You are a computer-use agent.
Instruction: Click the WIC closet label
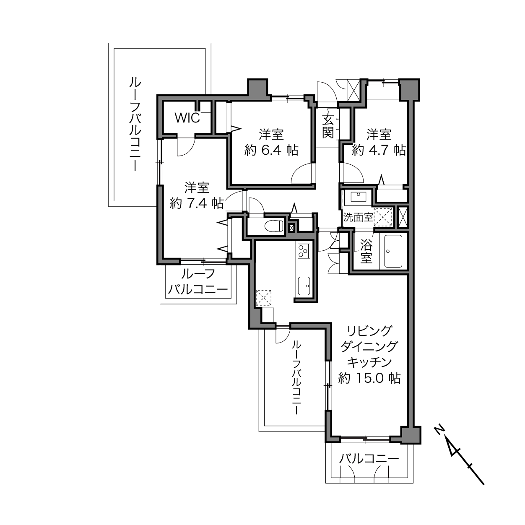pyautogui.click(x=187, y=118)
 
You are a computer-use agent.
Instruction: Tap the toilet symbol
pyautogui.click(x=273, y=226)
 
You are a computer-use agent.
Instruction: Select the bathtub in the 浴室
pyautogui.click(x=393, y=251)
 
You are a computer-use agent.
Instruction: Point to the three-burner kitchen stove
pyautogui.click(x=304, y=251)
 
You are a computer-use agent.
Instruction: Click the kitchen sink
pyautogui.click(x=304, y=286)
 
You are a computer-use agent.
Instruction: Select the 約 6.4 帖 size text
pyautogui.click(x=271, y=150)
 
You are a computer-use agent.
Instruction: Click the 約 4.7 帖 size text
pyautogui.click(x=379, y=150)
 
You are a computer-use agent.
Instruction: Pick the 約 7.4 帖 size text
pyautogui.click(x=197, y=203)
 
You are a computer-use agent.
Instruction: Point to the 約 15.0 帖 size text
pyautogui.click(x=369, y=378)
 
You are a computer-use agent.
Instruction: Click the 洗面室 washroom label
pyautogui.click(x=358, y=217)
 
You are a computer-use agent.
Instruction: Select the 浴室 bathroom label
pyautogui.click(x=366, y=252)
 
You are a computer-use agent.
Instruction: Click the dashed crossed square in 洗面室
pyautogui.click(x=383, y=217)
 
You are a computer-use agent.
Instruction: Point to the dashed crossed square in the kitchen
pyautogui.click(x=263, y=298)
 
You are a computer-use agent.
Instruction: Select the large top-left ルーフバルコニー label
pyautogui.click(x=135, y=124)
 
